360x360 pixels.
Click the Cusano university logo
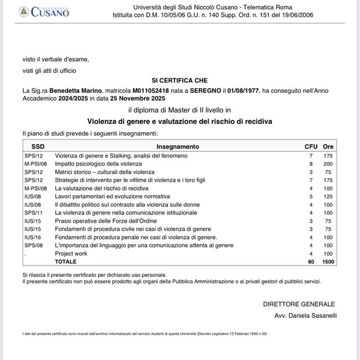point(43,11)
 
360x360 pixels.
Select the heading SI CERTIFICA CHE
point(179,81)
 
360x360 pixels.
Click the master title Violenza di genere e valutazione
point(179,121)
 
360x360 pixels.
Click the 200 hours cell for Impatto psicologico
point(328,163)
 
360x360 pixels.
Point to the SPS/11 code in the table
point(33,213)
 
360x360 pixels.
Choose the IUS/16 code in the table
point(32,237)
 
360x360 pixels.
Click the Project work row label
point(71,254)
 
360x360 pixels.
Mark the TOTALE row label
point(66,262)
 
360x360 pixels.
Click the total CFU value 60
point(310,262)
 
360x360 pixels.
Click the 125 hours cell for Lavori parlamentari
point(328,196)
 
